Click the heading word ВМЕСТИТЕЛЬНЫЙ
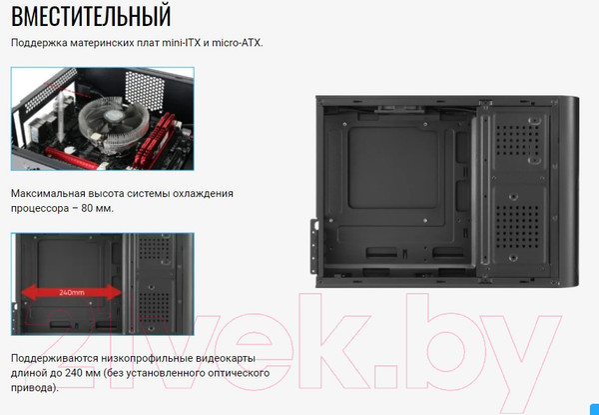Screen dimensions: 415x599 [91, 17]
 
